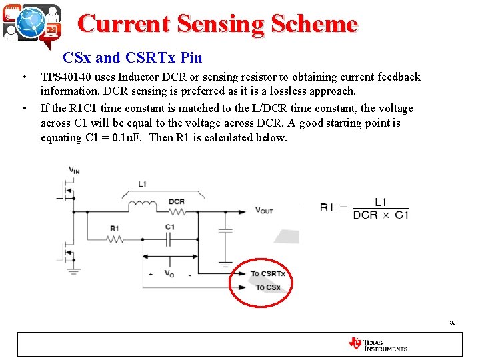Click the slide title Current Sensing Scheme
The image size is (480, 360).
point(217,24)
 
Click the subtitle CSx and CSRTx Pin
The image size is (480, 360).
point(132,58)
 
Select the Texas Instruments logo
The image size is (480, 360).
point(377,344)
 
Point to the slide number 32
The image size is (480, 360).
point(452,323)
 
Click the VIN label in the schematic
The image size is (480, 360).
point(75,170)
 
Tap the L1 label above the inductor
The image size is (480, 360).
point(143,183)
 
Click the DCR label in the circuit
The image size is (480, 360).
point(177,201)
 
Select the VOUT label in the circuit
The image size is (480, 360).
point(264,211)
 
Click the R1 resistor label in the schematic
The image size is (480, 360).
point(114,229)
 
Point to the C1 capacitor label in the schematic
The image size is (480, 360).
point(170,227)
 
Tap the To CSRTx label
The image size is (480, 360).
point(268,274)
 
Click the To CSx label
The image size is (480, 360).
point(268,287)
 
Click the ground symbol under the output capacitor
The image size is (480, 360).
point(225,265)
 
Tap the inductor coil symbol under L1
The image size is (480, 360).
point(143,203)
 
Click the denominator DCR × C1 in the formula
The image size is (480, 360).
point(381,215)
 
